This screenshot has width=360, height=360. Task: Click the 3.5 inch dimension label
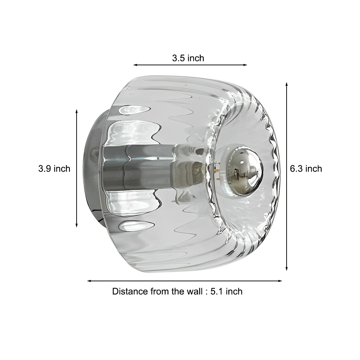pos(188,58)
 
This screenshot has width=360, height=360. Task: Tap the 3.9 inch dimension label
pos(54,169)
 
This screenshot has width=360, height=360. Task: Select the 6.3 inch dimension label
pos(306,169)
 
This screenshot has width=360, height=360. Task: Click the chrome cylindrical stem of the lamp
pos(141,166)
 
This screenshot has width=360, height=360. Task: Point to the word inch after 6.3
pos(313,169)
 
